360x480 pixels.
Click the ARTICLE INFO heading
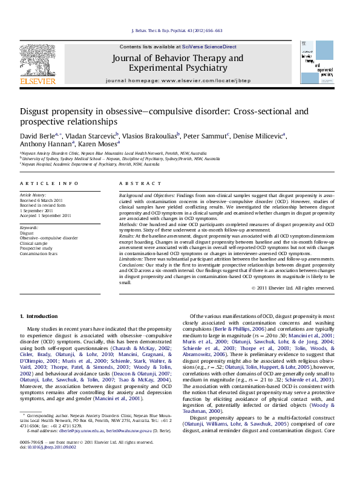(49, 183)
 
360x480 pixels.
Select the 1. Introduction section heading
(39, 316)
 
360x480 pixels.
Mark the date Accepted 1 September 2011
(45, 215)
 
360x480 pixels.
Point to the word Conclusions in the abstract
(133, 265)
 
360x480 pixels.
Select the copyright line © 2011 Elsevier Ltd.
(292, 288)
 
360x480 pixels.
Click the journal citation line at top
(177, 30)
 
